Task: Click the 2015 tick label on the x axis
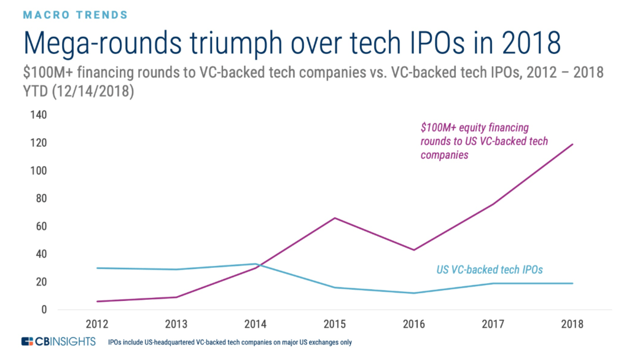335,324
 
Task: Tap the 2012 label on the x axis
98,324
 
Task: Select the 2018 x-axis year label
572,324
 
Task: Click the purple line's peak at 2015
335,218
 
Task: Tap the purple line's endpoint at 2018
572,144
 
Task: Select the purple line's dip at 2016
415,250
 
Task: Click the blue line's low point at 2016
415,293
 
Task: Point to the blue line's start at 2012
98,268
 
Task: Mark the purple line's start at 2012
98,301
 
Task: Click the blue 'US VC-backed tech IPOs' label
488,270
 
